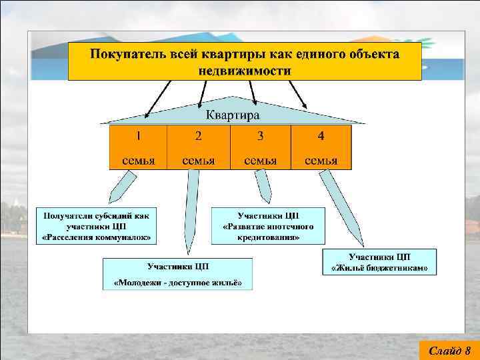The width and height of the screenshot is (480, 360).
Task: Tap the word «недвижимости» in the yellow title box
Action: click(x=245, y=70)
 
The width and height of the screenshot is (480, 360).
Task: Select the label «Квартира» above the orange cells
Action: click(x=232, y=115)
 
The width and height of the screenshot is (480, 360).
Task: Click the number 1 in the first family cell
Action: click(x=138, y=136)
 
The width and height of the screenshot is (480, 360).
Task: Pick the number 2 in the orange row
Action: click(x=199, y=136)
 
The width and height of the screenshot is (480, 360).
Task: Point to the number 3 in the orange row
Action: click(x=261, y=136)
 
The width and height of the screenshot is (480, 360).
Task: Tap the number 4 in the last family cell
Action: click(x=321, y=136)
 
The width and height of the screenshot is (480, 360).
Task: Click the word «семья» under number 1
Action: click(x=138, y=160)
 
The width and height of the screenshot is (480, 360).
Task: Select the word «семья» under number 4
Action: click(x=321, y=160)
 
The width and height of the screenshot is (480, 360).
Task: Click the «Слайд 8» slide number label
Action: click(x=449, y=350)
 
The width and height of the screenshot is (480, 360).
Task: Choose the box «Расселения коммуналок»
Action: click(x=97, y=226)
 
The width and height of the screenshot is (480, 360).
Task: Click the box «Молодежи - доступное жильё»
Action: click(x=178, y=274)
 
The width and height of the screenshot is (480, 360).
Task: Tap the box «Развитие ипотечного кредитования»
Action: click(x=269, y=226)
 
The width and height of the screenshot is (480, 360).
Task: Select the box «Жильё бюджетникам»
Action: click(x=380, y=261)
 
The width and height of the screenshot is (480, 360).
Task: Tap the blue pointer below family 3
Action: click(x=262, y=186)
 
